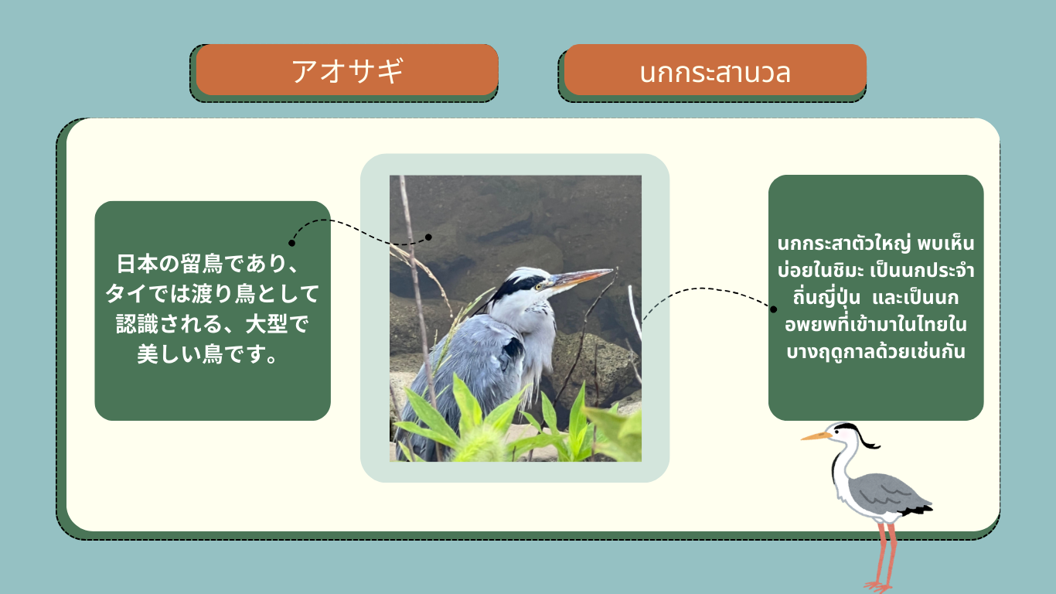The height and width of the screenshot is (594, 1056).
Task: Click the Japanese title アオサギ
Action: coord(347,71)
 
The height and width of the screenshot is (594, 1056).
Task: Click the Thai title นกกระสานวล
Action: coord(714,73)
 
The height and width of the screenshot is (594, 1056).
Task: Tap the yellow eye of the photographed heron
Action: coord(538,286)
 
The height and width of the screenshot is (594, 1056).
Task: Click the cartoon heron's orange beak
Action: coord(816,436)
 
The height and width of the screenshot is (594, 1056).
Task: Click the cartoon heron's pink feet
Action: coord(880,586)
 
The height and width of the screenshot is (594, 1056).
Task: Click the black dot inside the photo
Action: coord(428,237)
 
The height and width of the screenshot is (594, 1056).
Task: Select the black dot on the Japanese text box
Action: coord(291,243)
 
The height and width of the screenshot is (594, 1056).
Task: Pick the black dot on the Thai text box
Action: coord(773,309)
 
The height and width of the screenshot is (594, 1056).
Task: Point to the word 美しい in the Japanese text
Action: coord(169,354)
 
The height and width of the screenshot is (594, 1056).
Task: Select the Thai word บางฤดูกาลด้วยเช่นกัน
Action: coord(875,352)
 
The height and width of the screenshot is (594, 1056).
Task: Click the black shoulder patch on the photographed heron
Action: coord(512,349)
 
